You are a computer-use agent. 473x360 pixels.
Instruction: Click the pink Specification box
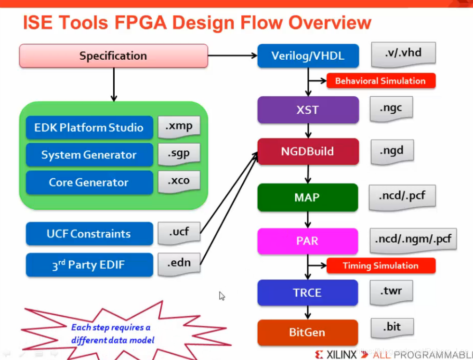[x=113, y=56]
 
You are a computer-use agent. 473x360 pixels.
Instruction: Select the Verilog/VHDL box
[x=308, y=56]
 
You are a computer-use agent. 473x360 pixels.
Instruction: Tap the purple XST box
[x=308, y=110]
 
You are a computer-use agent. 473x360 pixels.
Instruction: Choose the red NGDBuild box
[x=308, y=151]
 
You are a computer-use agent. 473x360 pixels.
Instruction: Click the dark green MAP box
[x=308, y=197]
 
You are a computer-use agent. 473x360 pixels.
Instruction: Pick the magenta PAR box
[x=308, y=240]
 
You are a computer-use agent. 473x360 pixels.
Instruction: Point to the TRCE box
[x=308, y=293]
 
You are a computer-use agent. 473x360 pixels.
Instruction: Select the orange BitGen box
[x=308, y=332]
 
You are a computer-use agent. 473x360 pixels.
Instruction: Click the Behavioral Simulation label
[x=381, y=80]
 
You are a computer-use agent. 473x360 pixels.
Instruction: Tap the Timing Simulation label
[x=381, y=266]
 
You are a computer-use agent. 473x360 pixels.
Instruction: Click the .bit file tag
[x=392, y=327]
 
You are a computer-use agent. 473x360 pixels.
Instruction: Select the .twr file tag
[x=392, y=291]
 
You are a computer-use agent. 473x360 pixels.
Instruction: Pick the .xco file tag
[x=178, y=181]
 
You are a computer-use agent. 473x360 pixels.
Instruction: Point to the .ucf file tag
[x=178, y=232]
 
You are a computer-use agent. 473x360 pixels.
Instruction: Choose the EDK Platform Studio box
[x=89, y=128]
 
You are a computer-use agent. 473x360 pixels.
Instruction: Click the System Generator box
[x=89, y=155]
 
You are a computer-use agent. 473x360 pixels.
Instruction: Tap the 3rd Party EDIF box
[x=89, y=265]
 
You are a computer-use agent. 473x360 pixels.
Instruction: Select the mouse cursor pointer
[x=222, y=296]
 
